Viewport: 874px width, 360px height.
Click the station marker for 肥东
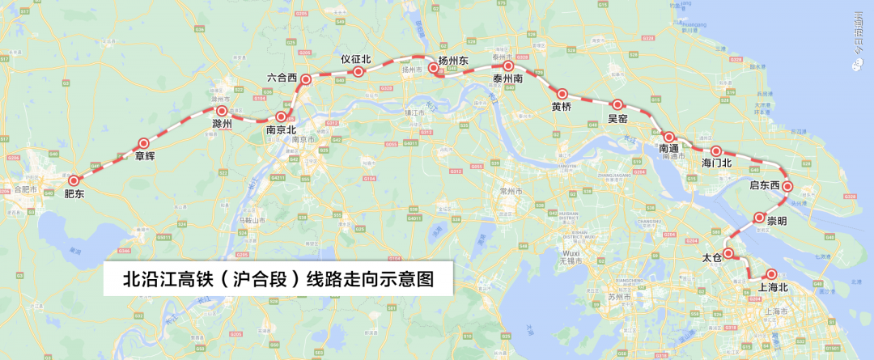(x=74, y=181)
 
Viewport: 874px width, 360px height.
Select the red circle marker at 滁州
(x=221, y=110)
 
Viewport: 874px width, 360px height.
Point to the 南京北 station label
(x=281, y=129)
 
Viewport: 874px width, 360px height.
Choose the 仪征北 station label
(x=355, y=59)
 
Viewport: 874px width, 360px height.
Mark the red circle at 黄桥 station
(x=562, y=94)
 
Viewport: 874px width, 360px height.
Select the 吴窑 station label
(x=617, y=118)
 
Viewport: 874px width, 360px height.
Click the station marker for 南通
(x=669, y=137)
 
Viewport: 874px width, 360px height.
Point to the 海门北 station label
(x=716, y=163)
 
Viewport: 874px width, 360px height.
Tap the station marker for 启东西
(x=787, y=188)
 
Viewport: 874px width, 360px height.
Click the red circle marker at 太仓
(x=728, y=253)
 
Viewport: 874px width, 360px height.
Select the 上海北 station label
(x=772, y=287)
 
